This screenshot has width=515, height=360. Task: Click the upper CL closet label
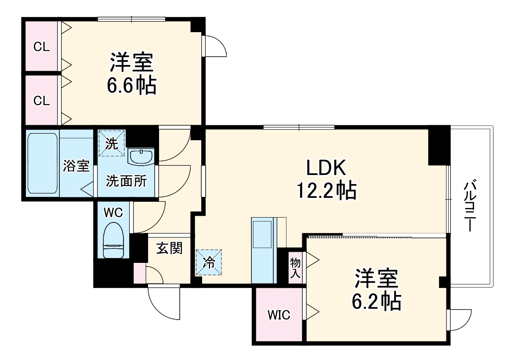coord(42,47)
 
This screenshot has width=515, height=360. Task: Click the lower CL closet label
coord(42,101)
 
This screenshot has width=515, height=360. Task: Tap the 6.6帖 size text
coord(132,86)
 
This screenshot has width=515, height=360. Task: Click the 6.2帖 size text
coord(376,302)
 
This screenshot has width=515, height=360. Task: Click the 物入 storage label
coord(295,268)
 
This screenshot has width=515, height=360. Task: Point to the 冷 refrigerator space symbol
coord(209,262)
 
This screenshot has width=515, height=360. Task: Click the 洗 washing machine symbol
coord(112,143)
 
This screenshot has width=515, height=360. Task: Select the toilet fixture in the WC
coord(113,240)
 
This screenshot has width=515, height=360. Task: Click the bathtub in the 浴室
coord(43,163)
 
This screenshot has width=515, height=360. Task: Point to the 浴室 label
coord(76,166)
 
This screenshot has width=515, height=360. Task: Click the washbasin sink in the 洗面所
coord(141,157)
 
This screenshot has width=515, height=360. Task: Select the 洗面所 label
coord(125,181)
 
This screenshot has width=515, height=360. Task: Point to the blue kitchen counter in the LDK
coord(263,251)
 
